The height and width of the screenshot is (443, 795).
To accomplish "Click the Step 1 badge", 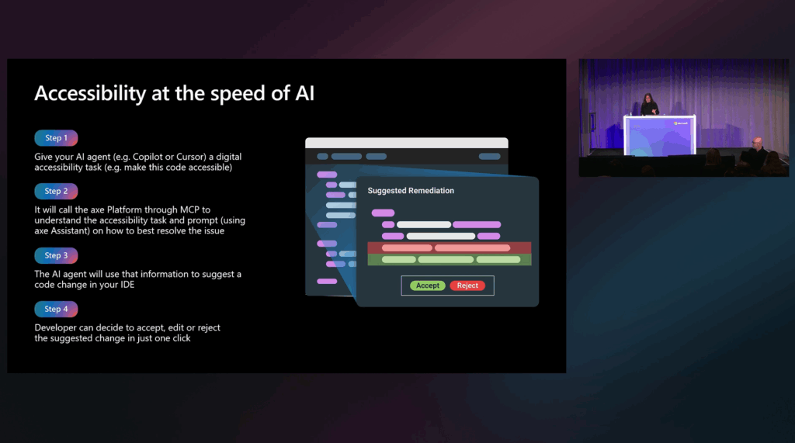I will point(56,138).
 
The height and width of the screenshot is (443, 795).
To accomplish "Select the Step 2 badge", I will point(56,192).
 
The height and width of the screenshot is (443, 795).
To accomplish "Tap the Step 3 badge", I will point(56,255).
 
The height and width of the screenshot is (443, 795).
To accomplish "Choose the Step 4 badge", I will point(56,309).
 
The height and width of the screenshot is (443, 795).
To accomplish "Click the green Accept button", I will point(427,286).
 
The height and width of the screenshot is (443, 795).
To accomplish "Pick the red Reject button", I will point(467,286).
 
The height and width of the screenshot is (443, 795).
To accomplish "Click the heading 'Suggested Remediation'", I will point(411,191).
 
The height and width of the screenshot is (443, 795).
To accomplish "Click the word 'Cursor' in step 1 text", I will point(191,157).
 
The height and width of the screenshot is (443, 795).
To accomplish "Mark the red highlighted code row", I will point(449,248).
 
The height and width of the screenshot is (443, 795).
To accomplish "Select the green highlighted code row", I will point(449,259).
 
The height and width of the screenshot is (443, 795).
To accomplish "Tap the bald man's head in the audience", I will point(756,142).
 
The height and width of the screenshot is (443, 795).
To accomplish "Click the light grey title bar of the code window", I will point(406,144).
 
